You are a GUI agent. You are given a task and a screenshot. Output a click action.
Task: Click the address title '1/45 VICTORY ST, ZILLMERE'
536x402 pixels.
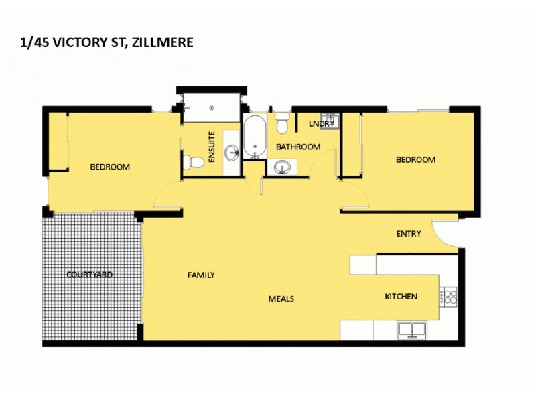107,42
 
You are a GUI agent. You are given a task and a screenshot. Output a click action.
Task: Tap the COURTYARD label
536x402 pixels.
89,275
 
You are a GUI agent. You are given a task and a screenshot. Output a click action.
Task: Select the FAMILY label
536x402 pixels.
201,275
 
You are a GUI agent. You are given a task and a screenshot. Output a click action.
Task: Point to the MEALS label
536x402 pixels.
281,299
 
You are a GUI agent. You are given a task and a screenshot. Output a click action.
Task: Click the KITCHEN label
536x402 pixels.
401,297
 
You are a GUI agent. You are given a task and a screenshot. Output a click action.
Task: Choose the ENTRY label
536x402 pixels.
409,234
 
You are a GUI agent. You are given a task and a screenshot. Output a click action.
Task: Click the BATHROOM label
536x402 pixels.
298,147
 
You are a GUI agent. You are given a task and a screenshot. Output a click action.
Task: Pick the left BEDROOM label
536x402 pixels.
110,167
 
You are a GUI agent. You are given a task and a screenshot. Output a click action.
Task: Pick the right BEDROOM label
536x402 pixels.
415,159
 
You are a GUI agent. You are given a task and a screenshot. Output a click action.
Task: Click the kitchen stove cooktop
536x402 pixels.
448,295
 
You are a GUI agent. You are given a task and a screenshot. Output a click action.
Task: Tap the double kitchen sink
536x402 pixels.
414,329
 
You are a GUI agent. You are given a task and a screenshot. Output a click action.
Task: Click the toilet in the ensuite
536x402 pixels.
194,162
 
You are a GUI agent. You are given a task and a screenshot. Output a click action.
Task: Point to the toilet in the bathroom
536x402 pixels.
282,123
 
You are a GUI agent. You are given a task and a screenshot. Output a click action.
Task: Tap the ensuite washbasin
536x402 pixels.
231,151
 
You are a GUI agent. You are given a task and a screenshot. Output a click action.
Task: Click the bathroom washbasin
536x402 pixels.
282,165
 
